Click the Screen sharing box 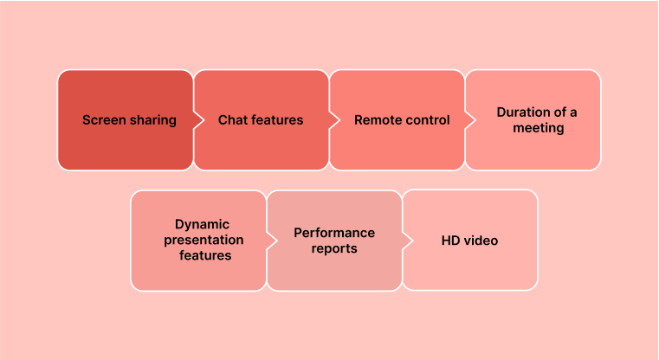(126, 120)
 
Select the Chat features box (261, 120)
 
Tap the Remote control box (397, 120)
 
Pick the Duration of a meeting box (533, 120)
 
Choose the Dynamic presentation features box (198, 241)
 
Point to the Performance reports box (334, 241)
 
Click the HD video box (470, 241)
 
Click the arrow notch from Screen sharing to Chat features (199, 120)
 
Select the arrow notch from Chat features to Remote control (334, 120)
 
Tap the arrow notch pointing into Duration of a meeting (470, 120)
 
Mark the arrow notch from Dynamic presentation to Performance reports (272, 241)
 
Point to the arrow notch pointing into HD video (408, 241)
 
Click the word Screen (104, 120)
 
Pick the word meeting (539, 128)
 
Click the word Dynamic (202, 225)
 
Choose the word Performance (334, 233)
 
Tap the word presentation (204, 241)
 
